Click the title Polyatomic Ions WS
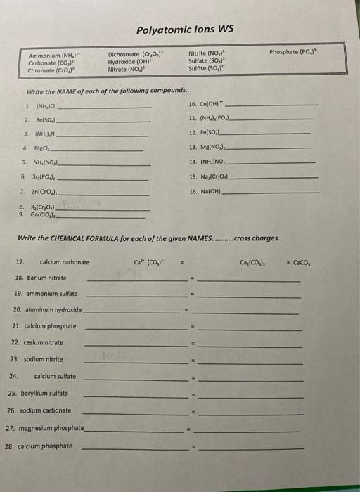[186, 29]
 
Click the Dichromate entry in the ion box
[136, 53]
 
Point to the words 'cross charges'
[255, 239]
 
